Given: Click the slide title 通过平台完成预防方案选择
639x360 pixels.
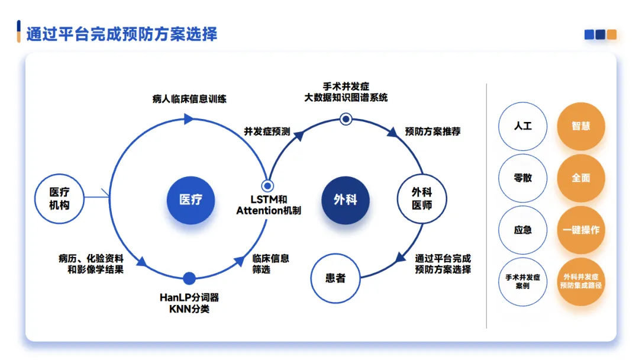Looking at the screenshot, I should click(x=122, y=34).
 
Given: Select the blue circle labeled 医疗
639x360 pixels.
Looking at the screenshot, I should click(x=191, y=200).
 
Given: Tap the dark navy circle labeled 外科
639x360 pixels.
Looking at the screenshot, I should click(x=345, y=200).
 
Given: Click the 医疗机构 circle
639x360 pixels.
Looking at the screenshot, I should click(x=59, y=199).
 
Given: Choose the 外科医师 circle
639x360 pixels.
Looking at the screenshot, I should click(x=422, y=199).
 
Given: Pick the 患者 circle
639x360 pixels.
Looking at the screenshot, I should click(x=335, y=278).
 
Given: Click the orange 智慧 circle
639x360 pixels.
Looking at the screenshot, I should click(x=581, y=126).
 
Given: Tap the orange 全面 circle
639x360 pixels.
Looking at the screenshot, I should click(x=581, y=178).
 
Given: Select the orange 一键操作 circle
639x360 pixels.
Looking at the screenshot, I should click(x=581, y=230).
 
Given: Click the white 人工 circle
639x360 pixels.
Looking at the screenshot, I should click(x=523, y=126).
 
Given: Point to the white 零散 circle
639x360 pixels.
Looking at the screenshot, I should click(x=523, y=178).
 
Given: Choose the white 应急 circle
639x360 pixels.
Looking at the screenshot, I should click(x=523, y=230).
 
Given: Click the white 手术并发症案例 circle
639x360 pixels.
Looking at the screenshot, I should click(x=523, y=281).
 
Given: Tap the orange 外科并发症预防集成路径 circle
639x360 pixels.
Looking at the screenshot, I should click(x=581, y=281).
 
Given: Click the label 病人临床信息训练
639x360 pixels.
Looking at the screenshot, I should click(x=189, y=99).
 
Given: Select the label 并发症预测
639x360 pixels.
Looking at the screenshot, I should click(x=267, y=131).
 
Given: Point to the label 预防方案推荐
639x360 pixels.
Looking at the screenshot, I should click(x=433, y=131).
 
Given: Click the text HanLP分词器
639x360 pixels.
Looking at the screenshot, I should click(x=189, y=297).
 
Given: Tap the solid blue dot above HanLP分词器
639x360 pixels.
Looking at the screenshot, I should click(x=189, y=278).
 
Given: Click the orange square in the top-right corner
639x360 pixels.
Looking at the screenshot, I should click(x=612, y=34).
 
